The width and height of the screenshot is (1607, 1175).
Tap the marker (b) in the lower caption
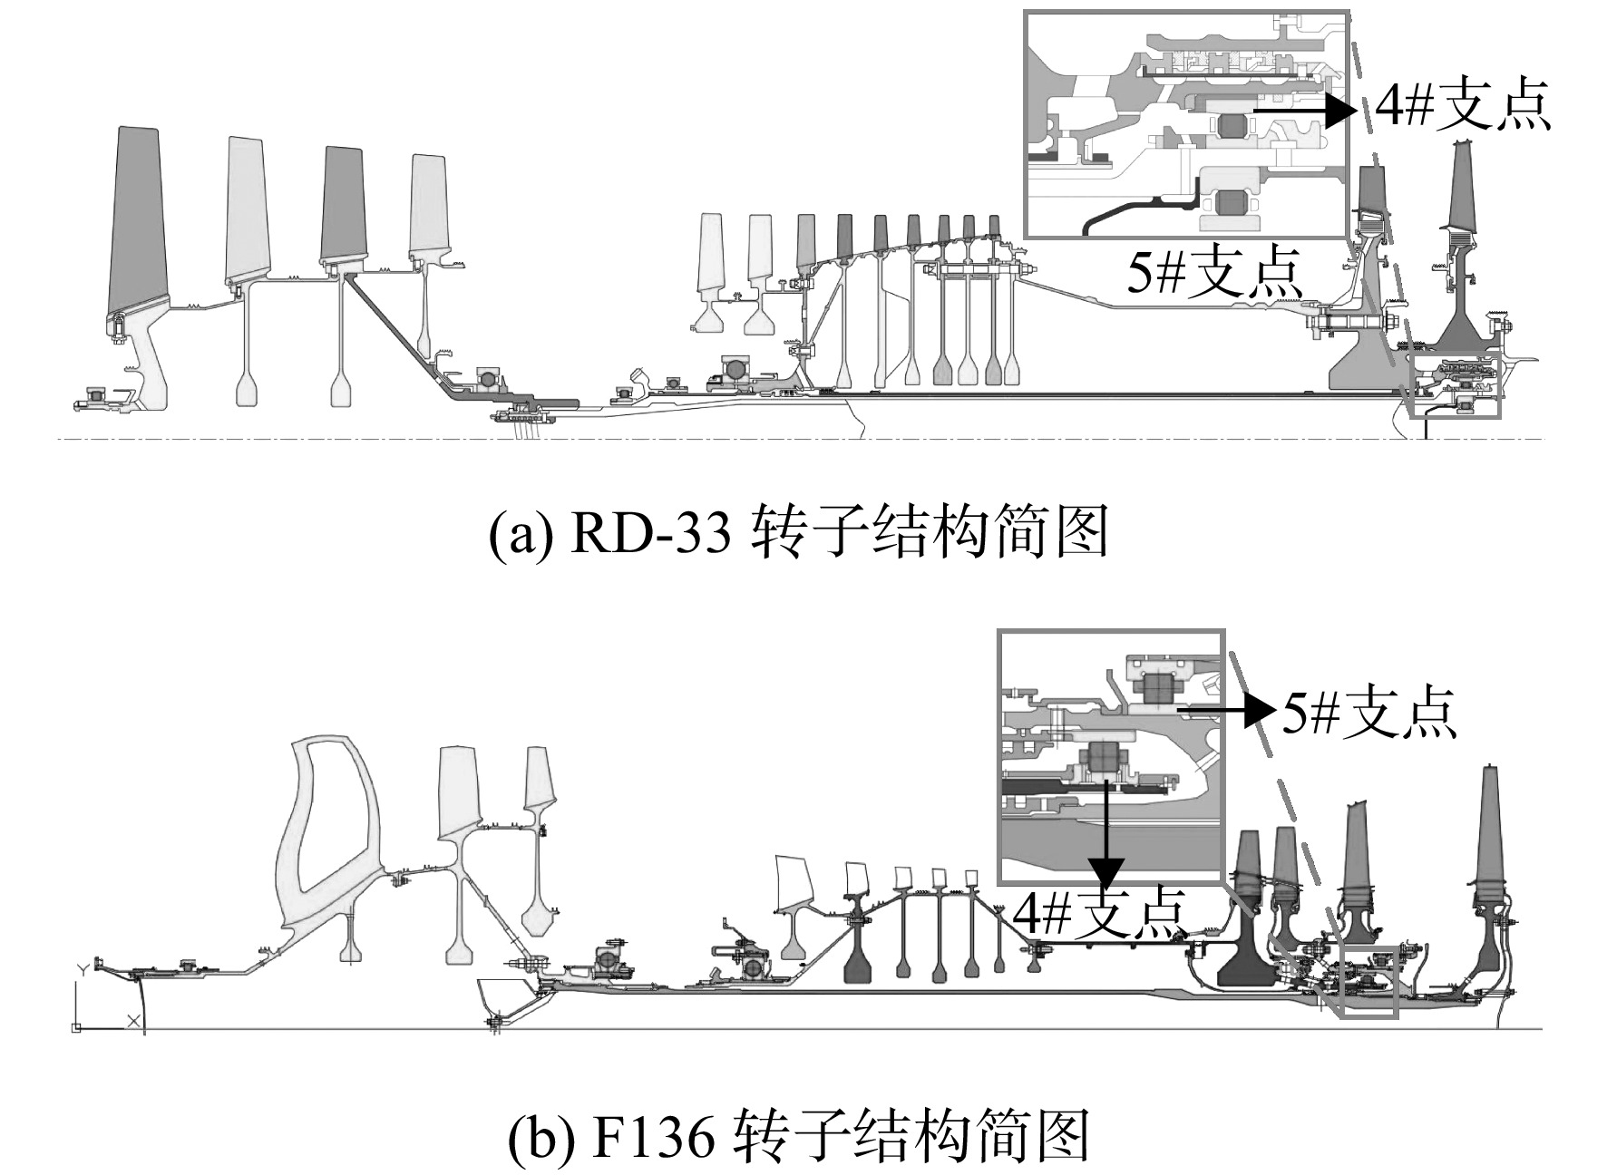coord(541,1139)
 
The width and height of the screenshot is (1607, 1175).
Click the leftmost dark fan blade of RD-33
coord(136,222)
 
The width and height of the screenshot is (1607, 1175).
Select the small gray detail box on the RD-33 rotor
coord(1456,385)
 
